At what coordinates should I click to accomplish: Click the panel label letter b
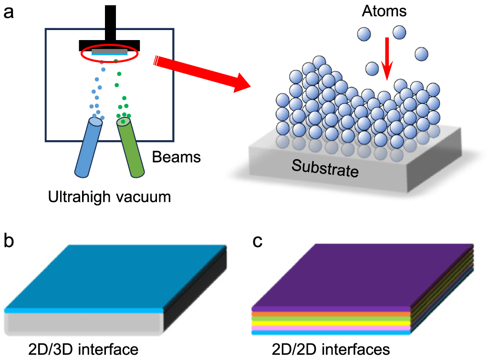(9, 241)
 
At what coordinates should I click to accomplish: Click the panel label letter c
(258, 241)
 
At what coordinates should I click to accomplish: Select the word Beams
(176, 156)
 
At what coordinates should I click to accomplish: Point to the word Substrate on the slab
(325, 168)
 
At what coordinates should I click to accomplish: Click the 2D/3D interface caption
(83, 350)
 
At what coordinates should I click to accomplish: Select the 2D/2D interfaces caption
(331, 350)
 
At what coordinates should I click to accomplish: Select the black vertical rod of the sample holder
(110, 21)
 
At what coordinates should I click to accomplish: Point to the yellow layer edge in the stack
(329, 323)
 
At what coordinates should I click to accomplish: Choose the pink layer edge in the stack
(329, 328)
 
